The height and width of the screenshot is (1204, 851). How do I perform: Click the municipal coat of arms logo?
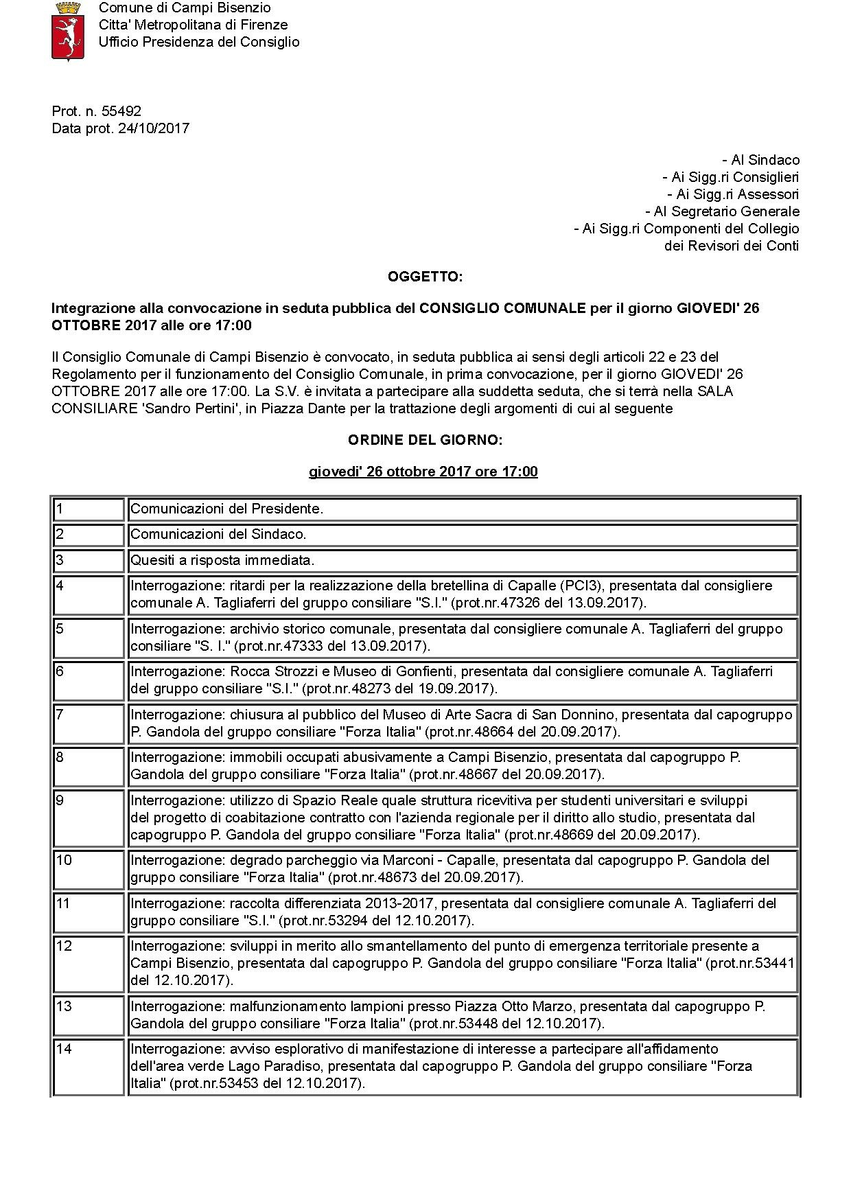pyautogui.click(x=68, y=31)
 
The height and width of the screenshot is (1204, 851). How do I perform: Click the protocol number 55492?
pyautogui.click(x=121, y=111)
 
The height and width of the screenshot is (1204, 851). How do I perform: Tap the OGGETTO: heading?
pyautogui.click(x=425, y=277)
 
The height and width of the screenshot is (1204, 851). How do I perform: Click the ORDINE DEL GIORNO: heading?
pyautogui.click(x=425, y=440)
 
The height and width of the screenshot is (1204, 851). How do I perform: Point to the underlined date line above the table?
pyautogui.click(x=423, y=472)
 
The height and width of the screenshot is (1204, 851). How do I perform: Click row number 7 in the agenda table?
pyautogui.click(x=60, y=715)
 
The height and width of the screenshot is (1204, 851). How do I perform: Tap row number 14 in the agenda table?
pyautogui.click(x=64, y=1049)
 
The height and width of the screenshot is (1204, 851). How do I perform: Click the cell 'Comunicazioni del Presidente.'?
pyautogui.click(x=226, y=509)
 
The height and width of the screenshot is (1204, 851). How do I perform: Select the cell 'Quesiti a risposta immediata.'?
pyautogui.click(x=222, y=560)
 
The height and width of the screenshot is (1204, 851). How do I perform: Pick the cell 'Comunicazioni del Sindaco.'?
pyautogui.click(x=218, y=534)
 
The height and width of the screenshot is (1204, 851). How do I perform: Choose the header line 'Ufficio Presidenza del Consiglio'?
pyautogui.click(x=199, y=42)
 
